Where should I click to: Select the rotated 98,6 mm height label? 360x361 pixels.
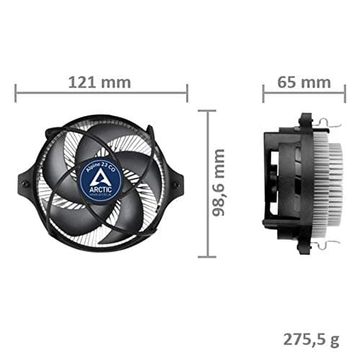(219, 183)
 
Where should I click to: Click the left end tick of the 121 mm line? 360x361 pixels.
(16, 92)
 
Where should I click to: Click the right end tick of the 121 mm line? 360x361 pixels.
(187, 92)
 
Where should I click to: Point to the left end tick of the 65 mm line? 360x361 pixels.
(264, 92)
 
